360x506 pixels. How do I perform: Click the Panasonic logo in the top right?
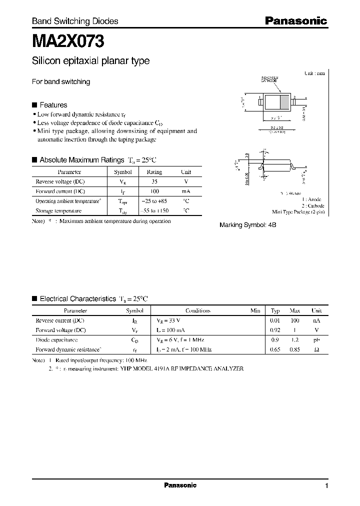click(295, 21)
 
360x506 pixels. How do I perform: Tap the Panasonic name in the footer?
click(180, 485)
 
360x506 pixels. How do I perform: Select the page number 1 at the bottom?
click(326, 486)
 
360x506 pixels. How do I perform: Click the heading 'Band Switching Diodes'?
click(75, 21)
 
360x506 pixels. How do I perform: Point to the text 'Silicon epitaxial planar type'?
click(90, 61)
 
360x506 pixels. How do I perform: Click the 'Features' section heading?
click(53, 105)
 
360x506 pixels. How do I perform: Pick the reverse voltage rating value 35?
click(154, 181)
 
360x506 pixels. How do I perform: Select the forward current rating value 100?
click(154, 191)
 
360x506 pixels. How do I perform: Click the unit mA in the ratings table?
click(186, 191)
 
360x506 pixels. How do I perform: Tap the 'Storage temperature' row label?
click(58, 211)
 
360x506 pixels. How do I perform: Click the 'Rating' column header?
click(154, 172)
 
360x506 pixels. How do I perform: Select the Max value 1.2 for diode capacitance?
click(295, 340)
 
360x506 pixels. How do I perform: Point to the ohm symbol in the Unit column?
click(316, 350)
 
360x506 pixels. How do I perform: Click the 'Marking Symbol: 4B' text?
click(248, 225)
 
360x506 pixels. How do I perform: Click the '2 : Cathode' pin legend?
click(312, 205)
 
